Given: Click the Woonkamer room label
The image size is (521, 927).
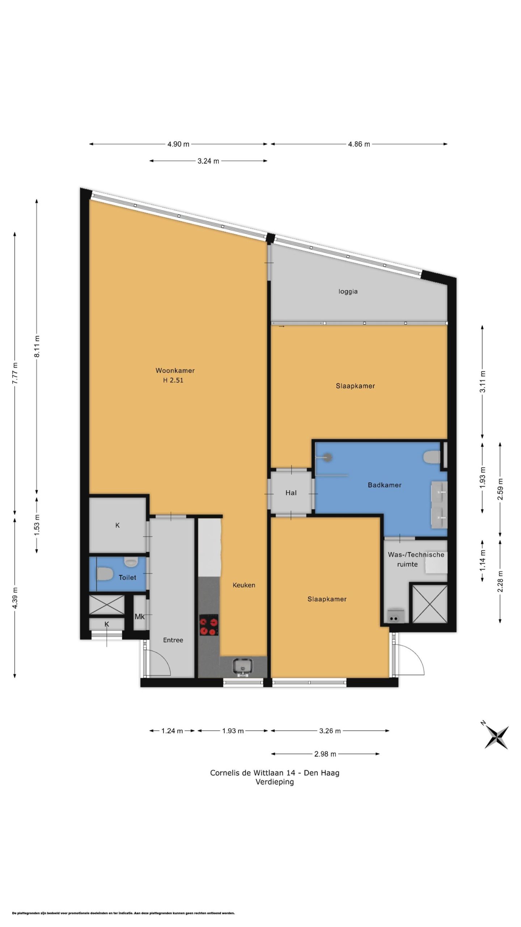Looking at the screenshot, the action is [x=175, y=370].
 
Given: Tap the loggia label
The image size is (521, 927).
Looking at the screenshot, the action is [x=348, y=291].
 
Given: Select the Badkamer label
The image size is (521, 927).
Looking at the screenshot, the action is [x=385, y=485].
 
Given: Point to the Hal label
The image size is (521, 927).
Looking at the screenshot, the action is [x=291, y=492].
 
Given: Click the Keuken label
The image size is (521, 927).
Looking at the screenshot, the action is [x=244, y=585].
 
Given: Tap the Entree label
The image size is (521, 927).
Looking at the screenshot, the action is [x=173, y=640].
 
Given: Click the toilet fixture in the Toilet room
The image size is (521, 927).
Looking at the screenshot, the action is [x=104, y=574].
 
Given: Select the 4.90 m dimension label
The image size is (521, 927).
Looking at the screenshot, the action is [x=178, y=144].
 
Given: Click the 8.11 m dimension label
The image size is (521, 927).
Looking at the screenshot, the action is [x=37, y=347].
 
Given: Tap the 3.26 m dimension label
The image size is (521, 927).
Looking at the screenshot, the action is [x=330, y=731].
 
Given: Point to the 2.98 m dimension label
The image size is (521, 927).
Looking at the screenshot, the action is [x=325, y=754].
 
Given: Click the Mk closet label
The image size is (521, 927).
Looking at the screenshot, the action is [x=140, y=616].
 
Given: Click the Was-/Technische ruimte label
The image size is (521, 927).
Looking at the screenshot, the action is [x=416, y=559].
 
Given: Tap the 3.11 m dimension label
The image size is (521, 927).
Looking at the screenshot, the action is [x=482, y=382].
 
